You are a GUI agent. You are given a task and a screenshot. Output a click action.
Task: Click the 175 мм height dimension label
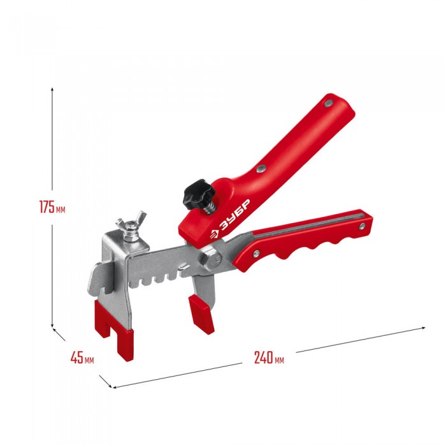coord(52,207)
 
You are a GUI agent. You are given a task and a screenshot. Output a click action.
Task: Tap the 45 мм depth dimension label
coord(82,357)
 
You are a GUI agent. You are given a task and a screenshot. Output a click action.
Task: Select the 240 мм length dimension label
coord(269,357)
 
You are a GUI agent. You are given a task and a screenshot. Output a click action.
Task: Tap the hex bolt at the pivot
coord(212,259)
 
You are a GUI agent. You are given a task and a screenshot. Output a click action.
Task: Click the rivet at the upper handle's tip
coord(329,103)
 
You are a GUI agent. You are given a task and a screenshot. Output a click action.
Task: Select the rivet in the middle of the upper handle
coord(260,169)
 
